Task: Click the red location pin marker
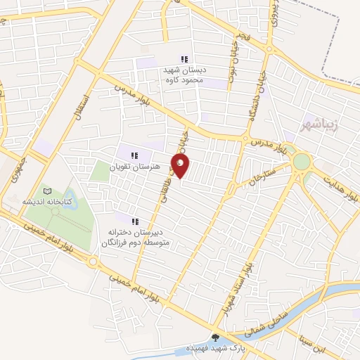tap(182, 166)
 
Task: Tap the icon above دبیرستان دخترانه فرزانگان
tap(135, 221)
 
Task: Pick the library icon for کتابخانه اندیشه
tap(47, 191)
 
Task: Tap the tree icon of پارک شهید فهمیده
tap(215, 337)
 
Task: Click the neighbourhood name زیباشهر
tap(320, 124)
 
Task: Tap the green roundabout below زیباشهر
tap(301, 161)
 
